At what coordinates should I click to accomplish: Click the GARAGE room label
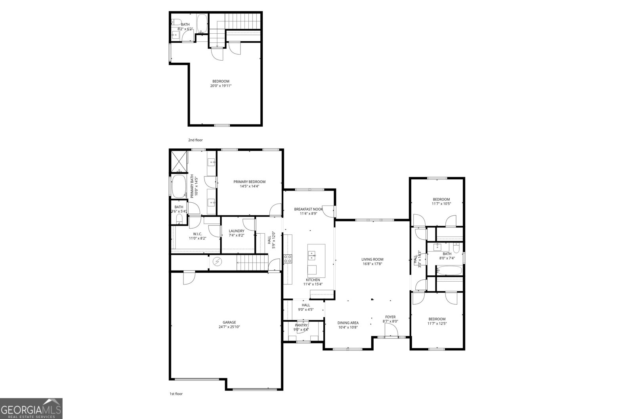(229, 322)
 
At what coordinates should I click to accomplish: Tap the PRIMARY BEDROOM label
(249, 182)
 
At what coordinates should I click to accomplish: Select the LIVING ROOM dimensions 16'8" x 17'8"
(372, 264)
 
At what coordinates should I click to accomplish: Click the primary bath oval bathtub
(179, 186)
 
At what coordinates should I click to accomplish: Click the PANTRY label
(301, 325)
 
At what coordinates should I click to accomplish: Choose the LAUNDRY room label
(237, 231)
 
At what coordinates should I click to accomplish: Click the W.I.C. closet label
(197, 234)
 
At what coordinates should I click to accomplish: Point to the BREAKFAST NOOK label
(308, 209)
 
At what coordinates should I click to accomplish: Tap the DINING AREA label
(348, 323)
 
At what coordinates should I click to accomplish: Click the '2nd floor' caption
(195, 140)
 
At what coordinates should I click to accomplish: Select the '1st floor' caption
(176, 394)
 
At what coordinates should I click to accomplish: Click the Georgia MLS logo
(31, 408)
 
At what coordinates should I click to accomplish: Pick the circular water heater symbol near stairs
(217, 261)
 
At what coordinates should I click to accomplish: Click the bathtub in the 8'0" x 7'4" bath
(449, 271)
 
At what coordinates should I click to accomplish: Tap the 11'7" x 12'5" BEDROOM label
(437, 319)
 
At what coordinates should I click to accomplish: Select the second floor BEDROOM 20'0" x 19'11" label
(221, 81)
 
